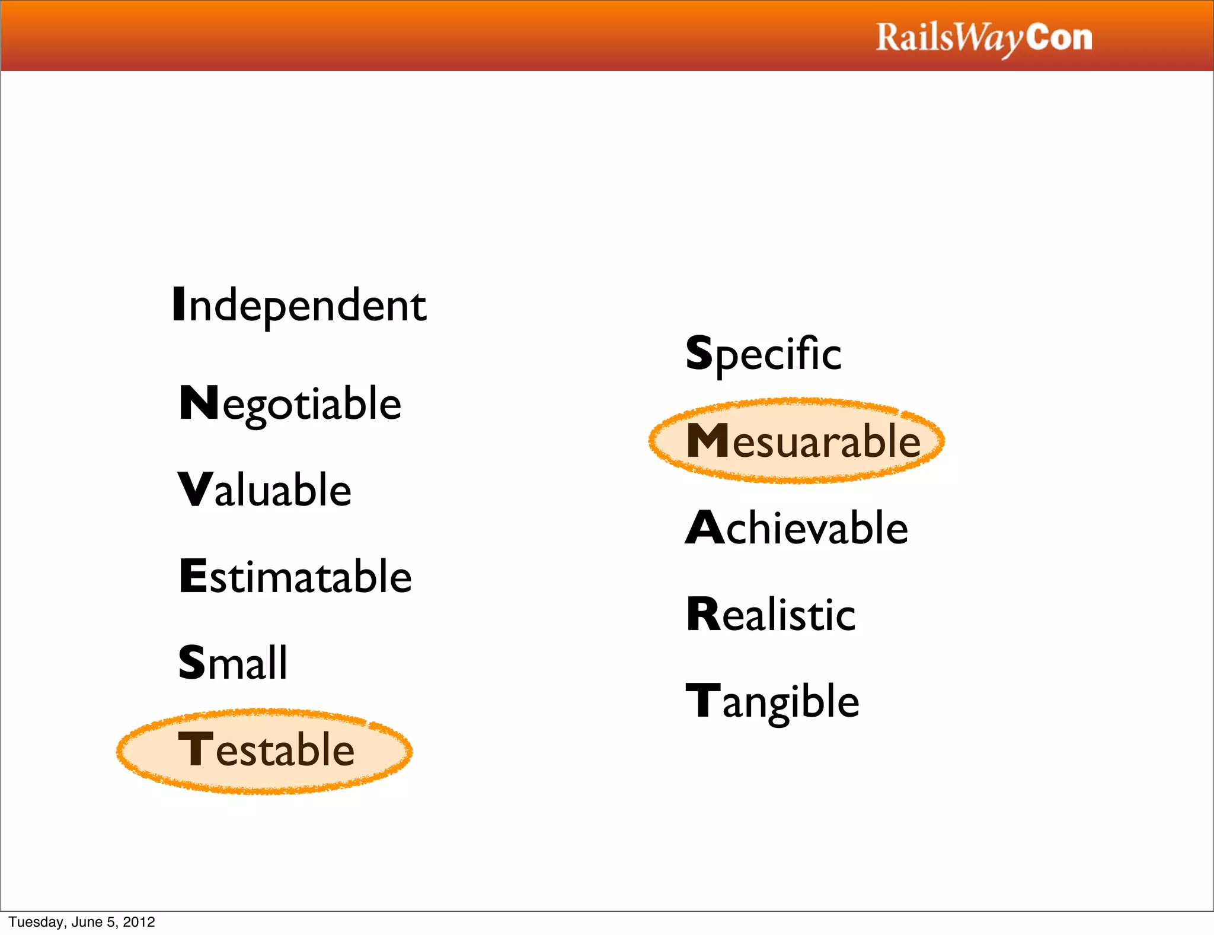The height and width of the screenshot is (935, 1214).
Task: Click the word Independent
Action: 299,305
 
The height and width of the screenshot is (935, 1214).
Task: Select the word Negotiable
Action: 290,403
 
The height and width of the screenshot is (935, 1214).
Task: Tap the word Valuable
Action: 265,490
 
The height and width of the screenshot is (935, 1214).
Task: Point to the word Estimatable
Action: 295,577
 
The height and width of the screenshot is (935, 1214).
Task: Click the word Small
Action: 233,663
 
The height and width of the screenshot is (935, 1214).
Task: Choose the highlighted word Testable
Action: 266,750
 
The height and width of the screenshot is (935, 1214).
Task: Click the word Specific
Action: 763,354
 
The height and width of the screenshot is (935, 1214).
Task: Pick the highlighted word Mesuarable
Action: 803,441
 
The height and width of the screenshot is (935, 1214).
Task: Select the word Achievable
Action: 797,527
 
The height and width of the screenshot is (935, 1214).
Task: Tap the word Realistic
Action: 771,614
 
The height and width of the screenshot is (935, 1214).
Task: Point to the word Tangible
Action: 772,701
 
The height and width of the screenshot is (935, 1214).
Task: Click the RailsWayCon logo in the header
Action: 984,38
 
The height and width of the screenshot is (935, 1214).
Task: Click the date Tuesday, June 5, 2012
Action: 82,922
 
